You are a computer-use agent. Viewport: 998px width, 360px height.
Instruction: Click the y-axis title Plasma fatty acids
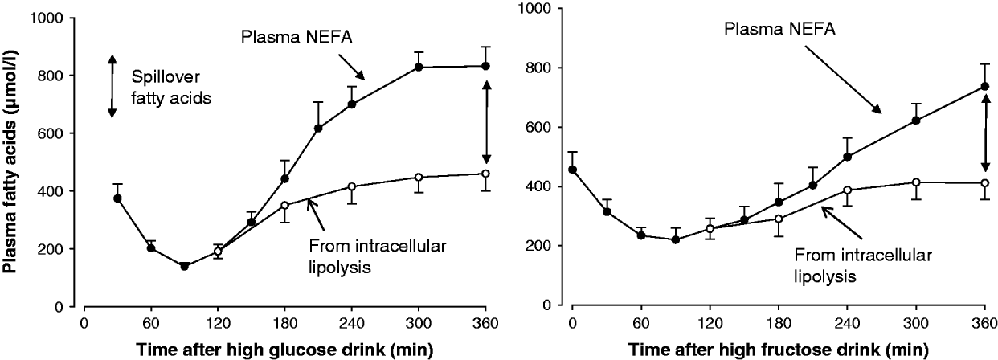pyautogui.click(x=13, y=157)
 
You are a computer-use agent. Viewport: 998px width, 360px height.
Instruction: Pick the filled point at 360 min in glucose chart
pyautogui.click(x=485, y=66)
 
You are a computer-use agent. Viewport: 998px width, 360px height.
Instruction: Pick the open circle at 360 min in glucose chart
pyautogui.click(x=485, y=174)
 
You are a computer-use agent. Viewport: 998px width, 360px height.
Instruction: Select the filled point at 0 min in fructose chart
pyautogui.click(x=572, y=170)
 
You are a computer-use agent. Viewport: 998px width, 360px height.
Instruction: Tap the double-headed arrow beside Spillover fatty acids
pyautogui.click(x=112, y=86)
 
